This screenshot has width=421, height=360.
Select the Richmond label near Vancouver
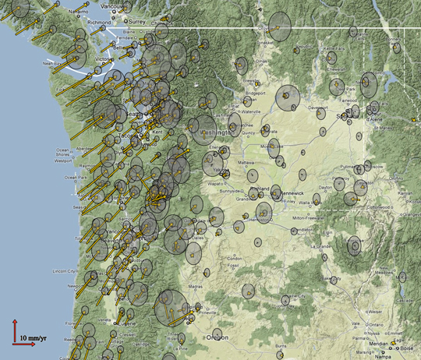(100, 23)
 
